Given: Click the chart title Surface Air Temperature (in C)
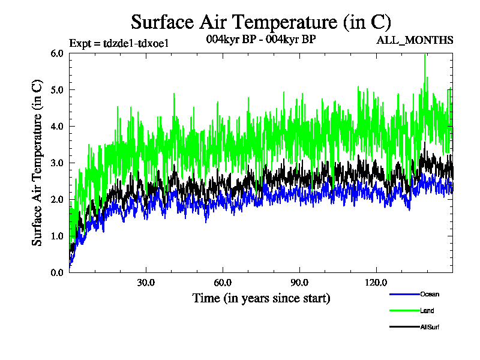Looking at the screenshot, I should click(x=261, y=22).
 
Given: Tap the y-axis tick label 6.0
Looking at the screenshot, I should click(x=57, y=53).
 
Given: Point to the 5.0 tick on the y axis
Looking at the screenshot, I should click(x=57, y=89).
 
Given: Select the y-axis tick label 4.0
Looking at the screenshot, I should click(x=57, y=126).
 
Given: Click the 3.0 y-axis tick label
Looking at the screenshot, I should click(x=57, y=163).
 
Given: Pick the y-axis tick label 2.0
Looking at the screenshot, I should click(x=57, y=199).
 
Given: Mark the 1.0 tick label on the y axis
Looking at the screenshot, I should click(x=57, y=236).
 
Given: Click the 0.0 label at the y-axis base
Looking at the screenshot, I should click(x=57, y=272).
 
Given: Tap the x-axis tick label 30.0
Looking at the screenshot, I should click(x=146, y=282).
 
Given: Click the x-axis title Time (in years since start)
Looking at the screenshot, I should click(x=261, y=298).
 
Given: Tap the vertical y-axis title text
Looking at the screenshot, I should click(x=37, y=163).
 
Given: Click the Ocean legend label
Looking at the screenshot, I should click(x=430, y=295).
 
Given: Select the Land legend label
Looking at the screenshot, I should click(x=427, y=311).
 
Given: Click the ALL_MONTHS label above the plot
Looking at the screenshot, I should click(x=415, y=40).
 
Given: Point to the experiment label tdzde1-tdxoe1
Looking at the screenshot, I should click(x=112, y=43).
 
